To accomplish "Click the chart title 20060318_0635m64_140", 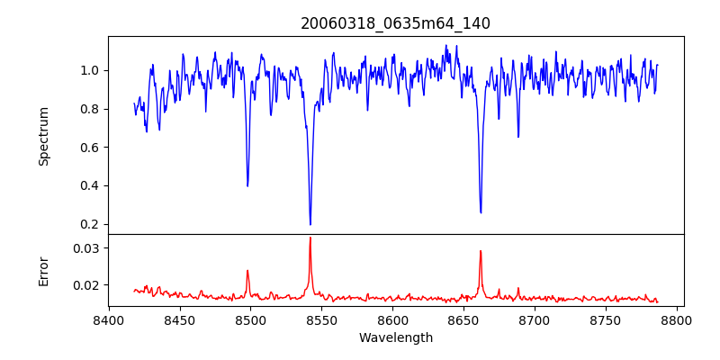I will point(395,23).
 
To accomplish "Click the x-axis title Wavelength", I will point(395,338).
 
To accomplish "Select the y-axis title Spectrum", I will point(43,136).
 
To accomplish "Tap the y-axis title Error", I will point(43,270).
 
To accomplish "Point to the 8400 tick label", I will point(109,319).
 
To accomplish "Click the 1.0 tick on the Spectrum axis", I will point(89,70).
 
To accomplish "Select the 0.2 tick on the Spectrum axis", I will point(89,224).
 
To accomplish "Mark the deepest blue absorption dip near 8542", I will point(310,224).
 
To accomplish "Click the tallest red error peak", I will point(310,238).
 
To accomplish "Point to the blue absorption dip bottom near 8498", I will point(247,185).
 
